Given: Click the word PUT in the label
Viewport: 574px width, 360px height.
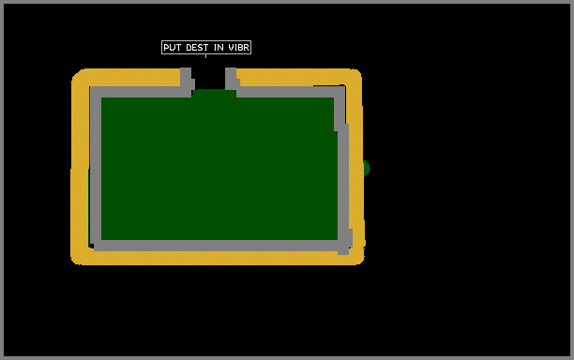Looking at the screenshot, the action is [x=172, y=48].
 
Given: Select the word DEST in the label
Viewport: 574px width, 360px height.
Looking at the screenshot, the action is [x=197, y=48].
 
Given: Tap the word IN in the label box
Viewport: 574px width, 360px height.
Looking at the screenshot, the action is [x=219, y=48].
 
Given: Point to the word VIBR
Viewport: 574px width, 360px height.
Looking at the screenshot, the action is [x=239, y=48].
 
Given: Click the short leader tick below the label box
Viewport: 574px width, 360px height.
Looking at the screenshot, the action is [x=205, y=56].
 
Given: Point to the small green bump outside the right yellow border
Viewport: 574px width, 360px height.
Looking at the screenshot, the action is [x=367, y=169].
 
